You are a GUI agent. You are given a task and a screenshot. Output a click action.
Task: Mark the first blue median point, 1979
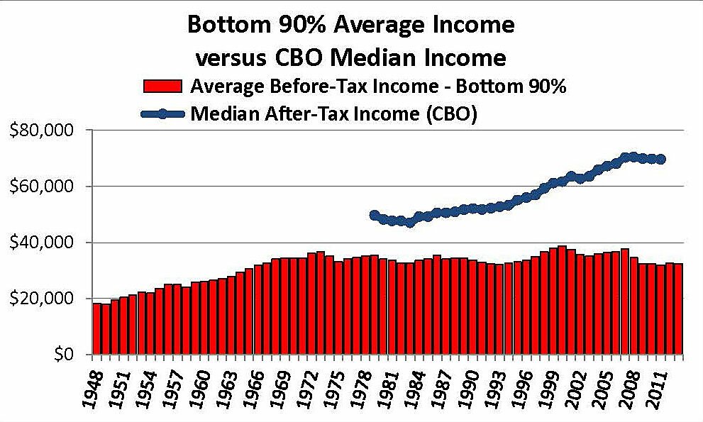coord(375,215)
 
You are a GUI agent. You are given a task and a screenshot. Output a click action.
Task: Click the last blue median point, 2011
coord(660,160)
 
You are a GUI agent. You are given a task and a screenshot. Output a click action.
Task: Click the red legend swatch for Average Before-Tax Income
coord(165,87)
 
